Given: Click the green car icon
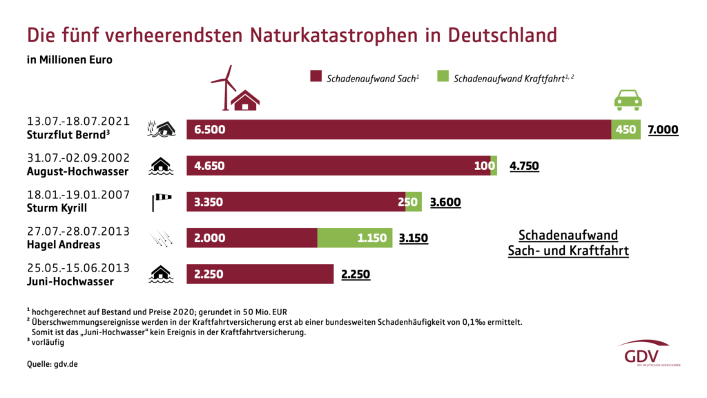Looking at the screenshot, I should click(x=628, y=100).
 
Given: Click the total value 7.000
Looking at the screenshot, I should click(x=663, y=129).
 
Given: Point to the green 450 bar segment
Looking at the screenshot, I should click(x=626, y=129).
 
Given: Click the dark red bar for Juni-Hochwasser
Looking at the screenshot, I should click(x=260, y=274).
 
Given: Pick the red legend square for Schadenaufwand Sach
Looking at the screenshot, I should click(x=316, y=76).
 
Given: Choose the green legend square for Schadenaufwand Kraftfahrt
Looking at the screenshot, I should click(x=443, y=76).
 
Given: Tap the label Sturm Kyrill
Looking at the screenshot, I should click(x=55, y=208).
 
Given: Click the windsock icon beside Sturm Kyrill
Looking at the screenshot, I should click(x=161, y=202).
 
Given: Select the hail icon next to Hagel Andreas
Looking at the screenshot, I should click(x=161, y=238).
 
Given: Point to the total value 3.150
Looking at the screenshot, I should click(x=414, y=239).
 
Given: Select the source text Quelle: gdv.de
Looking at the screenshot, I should click(x=52, y=363).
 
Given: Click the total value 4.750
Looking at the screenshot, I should click(x=524, y=166).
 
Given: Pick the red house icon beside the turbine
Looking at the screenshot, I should click(x=245, y=100).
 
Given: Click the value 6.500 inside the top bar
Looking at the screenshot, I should click(x=210, y=129).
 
